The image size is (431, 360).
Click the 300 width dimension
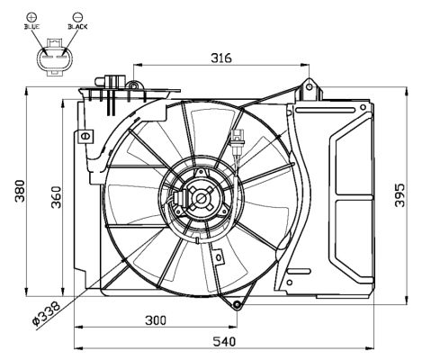(156, 320)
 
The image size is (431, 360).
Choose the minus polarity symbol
(78, 15)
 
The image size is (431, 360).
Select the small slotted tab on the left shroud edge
(85, 137)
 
